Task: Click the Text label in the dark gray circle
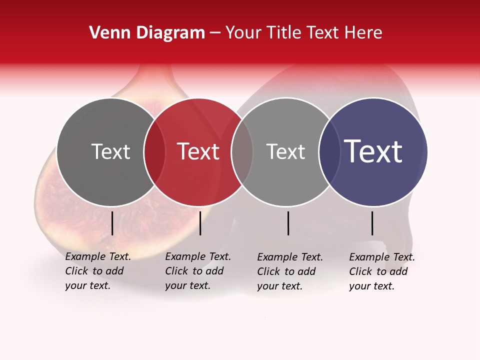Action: pos(110,151)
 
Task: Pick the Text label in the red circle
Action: pos(198,151)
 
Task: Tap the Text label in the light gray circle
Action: pos(285,151)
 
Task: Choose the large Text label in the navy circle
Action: pos(373,151)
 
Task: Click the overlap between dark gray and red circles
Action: pos(154,152)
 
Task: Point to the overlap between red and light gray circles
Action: pos(242,152)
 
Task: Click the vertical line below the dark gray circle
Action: pos(112,223)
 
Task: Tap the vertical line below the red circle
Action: pos(200,223)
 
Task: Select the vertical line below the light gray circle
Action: pos(288,223)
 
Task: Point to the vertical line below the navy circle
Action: pos(372,223)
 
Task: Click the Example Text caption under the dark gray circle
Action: pos(97,271)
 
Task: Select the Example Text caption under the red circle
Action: pos(197,271)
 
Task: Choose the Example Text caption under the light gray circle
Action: pos(289,271)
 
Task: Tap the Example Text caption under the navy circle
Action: pos(381,271)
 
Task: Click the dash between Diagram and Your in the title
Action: pos(215,33)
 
